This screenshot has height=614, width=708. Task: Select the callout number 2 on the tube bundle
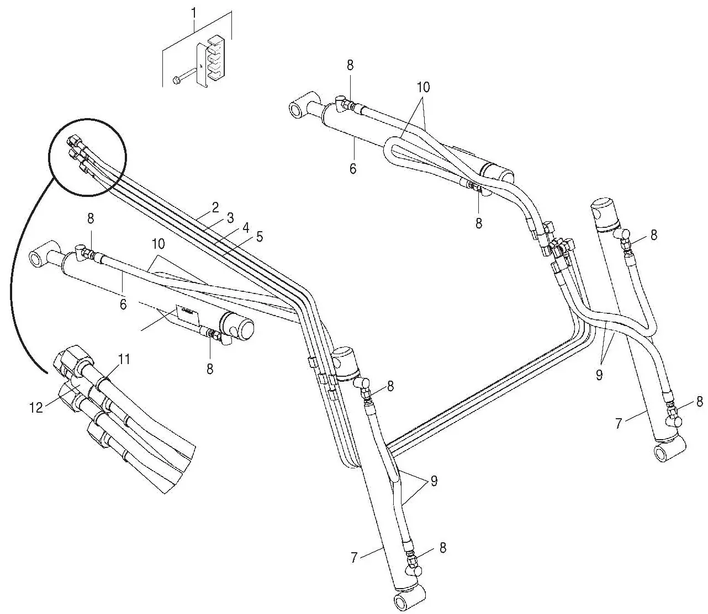pyautogui.click(x=215, y=208)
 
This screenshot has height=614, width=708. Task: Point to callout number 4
pyautogui.click(x=245, y=227)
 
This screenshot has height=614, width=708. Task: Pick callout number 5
pyautogui.click(x=259, y=237)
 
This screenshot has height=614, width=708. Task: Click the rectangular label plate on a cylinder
pyautogui.click(x=187, y=312)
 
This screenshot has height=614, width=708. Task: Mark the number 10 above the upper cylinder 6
pyautogui.click(x=423, y=87)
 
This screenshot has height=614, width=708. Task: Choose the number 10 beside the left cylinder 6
pyautogui.click(x=158, y=243)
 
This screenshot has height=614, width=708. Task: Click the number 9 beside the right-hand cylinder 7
pyautogui.click(x=599, y=375)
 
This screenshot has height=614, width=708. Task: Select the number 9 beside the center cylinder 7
pyautogui.click(x=434, y=481)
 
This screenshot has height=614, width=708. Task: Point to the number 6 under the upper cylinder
pyautogui.click(x=352, y=168)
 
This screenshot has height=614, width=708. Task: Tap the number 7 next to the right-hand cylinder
pyautogui.click(x=619, y=424)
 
